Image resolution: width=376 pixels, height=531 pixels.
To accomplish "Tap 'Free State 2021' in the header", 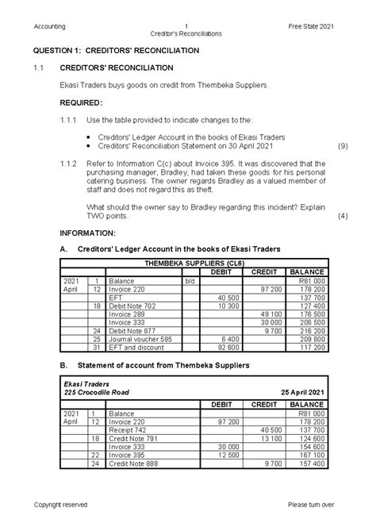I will click(x=312, y=26).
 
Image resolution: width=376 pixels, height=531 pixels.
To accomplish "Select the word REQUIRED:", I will click(x=81, y=103).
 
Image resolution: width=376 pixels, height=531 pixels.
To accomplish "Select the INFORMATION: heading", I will click(x=88, y=233).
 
